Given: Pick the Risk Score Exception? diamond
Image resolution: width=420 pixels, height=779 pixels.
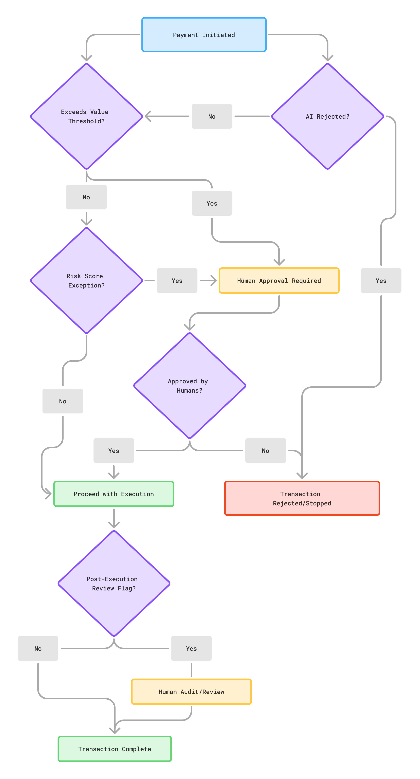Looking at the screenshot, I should point(87,281).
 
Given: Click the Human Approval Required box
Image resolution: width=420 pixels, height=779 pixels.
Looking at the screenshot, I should point(279,281).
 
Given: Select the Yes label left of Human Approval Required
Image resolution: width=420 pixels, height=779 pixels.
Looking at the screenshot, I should point(177,281).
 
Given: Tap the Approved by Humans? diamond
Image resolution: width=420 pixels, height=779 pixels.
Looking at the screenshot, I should point(190,386).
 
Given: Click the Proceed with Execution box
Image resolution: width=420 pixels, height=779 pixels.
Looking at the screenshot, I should point(114,494).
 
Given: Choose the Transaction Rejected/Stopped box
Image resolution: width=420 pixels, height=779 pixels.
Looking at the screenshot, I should point(302,498).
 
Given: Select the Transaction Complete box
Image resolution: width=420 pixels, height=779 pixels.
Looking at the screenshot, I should point(115,749).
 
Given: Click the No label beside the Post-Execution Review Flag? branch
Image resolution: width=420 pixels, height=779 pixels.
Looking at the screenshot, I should point(38,648).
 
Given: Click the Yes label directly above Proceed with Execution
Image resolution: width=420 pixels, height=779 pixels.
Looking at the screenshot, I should point(114,451).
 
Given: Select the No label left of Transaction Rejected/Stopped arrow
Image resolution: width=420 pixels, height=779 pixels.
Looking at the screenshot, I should point(265,451).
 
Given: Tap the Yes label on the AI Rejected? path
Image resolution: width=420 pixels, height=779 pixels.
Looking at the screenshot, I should point(381,281).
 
